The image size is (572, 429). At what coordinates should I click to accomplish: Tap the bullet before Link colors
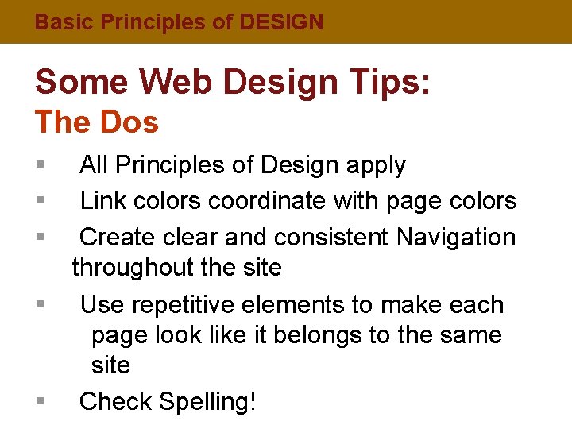(40, 201)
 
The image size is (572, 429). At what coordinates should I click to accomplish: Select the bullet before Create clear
(40, 237)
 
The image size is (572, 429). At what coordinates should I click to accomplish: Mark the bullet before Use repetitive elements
(40, 304)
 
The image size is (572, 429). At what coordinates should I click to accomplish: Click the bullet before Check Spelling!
(40, 402)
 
